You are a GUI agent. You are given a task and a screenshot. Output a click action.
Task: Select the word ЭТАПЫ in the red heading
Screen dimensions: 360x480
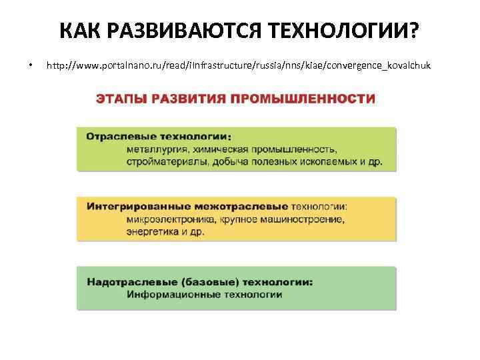[x=122, y=99]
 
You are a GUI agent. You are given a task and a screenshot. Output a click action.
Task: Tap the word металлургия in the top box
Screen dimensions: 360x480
[x=157, y=149]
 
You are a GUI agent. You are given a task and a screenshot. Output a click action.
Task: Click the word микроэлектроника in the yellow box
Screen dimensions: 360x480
[x=168, y=219]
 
